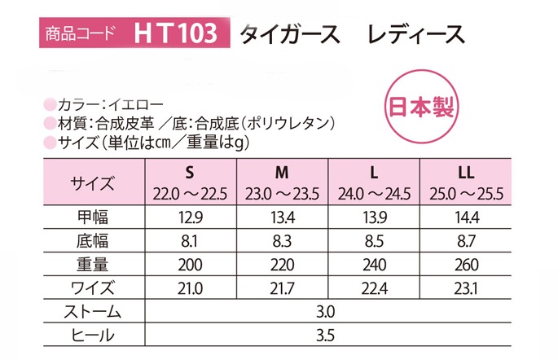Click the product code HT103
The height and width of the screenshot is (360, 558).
point(175,33)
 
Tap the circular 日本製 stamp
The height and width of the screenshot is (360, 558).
point(421,107)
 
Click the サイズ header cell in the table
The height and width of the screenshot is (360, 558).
point(92,183)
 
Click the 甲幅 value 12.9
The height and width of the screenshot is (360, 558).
point(191,217)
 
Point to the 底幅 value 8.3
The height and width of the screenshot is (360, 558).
point(282,241)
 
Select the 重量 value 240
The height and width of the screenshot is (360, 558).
point(375,265)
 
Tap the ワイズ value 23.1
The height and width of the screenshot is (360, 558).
point(466,288)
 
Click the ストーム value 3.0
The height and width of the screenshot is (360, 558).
point(325,312)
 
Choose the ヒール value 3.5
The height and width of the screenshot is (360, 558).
point(325,335)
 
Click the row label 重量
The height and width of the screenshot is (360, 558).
point(93,265)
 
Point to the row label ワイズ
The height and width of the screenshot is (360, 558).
point(93,288)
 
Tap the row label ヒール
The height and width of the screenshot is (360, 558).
point(93,335)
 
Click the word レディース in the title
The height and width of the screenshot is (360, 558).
point(416,34)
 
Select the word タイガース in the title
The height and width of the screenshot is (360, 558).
point(290,34)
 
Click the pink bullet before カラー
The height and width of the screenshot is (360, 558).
point(50,104)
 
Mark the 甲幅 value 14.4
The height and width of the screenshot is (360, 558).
point(467,217)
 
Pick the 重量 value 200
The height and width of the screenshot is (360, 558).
point(190,265)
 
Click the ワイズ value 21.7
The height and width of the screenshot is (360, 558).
point(282,288)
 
